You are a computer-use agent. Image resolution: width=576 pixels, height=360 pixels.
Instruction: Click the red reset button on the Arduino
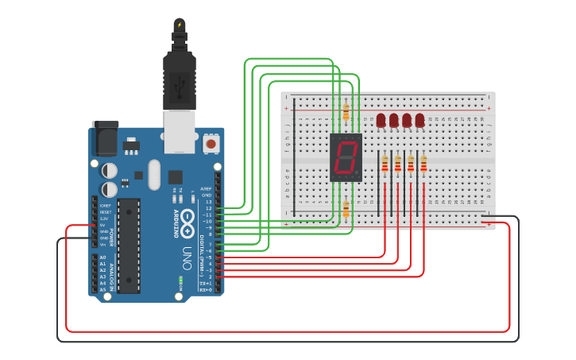pyautogui.click(x=211, y=144)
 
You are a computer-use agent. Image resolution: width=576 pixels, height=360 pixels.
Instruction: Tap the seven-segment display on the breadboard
pyautogui.click(x=346, y=157)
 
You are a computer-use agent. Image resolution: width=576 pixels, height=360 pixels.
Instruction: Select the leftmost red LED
pyautogui.click(x=381, y=120)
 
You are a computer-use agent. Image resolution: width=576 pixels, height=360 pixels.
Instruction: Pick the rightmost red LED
pyautogui.click(x=419, y=120)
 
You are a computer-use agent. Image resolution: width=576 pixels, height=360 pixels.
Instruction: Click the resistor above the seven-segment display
pyautogui.click(x=346, y=112)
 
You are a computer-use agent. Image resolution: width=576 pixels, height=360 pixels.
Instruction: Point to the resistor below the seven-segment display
pyautogui.click(x=346, y=209)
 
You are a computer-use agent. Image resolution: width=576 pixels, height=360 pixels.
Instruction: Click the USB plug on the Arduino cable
pyautogui.click(x=180, y=79)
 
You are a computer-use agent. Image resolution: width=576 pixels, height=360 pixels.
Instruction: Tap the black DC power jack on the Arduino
pyautogui.click(x=104, y=141)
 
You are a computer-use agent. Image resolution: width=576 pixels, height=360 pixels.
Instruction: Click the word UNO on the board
pyautogui.click(x=187, y=258)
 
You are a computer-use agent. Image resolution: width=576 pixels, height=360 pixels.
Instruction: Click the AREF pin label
pyautogui.click(x=207, y=188)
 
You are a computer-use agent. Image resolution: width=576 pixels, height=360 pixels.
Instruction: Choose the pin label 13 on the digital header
pyautogui.click(x=208, y=202)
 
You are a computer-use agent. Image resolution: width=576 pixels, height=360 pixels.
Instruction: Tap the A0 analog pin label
pyautogui.click(x=102, y=257)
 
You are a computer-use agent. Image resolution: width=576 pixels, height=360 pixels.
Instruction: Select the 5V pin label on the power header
pyautogui.click(x=102, y=225)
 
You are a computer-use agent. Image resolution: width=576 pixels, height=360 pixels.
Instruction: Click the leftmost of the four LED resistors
pyautogui.click(x=385, y=164)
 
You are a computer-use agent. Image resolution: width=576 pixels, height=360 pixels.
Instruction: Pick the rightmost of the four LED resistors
pyautogui.click(x=423, y=164)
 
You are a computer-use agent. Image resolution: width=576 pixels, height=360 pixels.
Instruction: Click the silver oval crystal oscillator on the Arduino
pyautogui.click(x=154, y=176)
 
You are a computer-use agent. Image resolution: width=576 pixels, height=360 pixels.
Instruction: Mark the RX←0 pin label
pyautogui.click(x=205, y=290)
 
